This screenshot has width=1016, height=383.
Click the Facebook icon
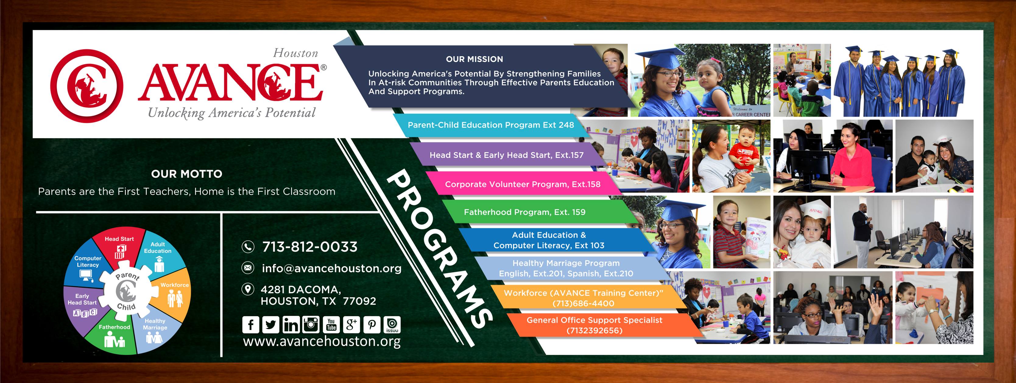click(250, 324)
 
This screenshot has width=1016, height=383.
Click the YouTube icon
click(331, 324)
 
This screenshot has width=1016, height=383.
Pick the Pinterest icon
click(372, 324)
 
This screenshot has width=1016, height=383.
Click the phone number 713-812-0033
click(310, 247)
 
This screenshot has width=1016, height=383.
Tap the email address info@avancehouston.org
click(331, 268)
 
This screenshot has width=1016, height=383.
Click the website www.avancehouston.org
click(321, 341)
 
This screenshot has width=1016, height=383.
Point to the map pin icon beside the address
click(247, 289)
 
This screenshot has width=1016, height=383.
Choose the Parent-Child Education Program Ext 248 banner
click(491, 125)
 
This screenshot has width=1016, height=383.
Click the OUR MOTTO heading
click(187, 174)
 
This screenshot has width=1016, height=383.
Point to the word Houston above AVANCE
click(295, 53)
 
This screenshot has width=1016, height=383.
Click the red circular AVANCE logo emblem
click(87, 86)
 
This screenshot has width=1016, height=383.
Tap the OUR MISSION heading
click(474, 59)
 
